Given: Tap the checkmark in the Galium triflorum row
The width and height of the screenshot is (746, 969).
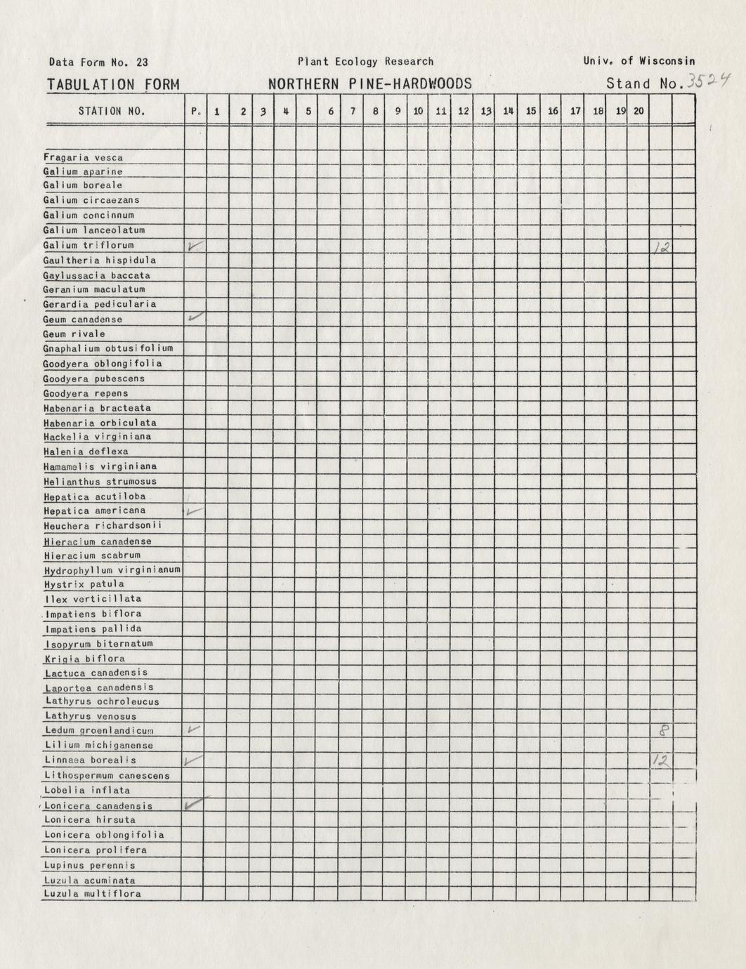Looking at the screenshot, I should coord(195,246).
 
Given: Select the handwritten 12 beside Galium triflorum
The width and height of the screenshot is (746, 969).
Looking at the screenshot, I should coord(661,246).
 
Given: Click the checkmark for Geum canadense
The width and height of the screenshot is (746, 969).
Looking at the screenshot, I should coord(196,317).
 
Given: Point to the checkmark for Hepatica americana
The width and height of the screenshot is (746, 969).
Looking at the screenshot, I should coord(194,511).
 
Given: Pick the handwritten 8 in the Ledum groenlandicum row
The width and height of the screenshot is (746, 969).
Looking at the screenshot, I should coord(662,730).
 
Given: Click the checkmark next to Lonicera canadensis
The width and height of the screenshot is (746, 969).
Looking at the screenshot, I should coord(194,804).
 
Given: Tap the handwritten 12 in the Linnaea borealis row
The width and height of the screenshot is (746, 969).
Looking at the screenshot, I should coord(660,760).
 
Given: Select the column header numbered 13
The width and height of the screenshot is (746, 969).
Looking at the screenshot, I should coord(485,111).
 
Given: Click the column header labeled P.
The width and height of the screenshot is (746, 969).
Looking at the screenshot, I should coord(195,111).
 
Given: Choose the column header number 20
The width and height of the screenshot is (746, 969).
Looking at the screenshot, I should coord(638,111).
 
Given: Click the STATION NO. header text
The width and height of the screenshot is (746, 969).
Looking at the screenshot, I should coord(112,111).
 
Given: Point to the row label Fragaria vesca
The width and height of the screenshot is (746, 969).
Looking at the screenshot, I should coord(83,158).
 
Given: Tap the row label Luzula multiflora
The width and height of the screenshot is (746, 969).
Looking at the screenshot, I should coord(92,894).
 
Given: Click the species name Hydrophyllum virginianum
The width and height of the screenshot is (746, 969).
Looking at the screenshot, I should coord(112,569).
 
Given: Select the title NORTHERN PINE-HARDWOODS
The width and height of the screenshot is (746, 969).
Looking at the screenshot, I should coord(369,84).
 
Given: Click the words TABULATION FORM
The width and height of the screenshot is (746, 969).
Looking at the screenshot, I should coord(113,85).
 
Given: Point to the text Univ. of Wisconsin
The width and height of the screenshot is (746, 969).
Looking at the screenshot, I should coord(639,61).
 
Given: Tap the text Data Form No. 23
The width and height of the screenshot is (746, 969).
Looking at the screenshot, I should coord(98,62).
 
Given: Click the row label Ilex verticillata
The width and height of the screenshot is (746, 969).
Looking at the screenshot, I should coord(92,599).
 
